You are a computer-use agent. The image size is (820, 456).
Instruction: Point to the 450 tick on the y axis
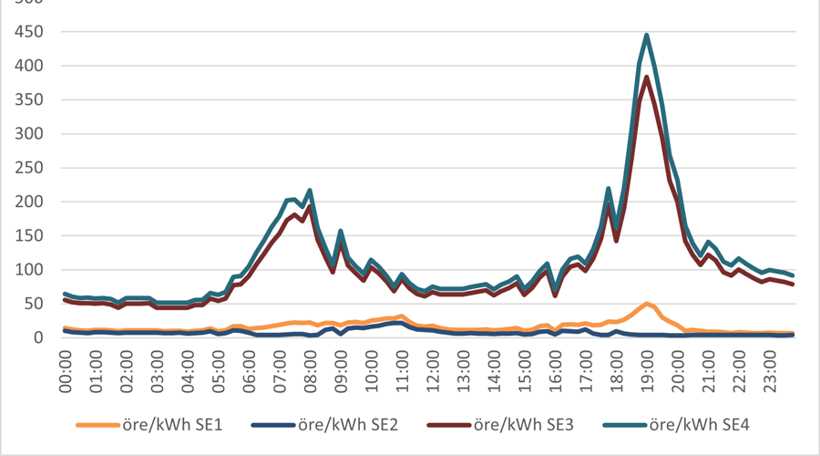click(x=30, y=32)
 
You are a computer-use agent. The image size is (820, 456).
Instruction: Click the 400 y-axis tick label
click(x=30, y=66)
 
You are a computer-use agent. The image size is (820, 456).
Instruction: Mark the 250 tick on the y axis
click(x=30, y=168)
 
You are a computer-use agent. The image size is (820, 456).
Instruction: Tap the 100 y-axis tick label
click(x=30, y=270)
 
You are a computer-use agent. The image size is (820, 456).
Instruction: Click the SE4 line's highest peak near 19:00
click(x=646, y=35)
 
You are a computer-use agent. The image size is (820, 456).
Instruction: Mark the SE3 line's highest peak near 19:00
click(x=646, y=77)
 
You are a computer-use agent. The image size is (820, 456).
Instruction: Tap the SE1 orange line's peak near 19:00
click(x=646, y=303)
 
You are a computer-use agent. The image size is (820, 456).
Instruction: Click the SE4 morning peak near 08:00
click(x=310, y=190)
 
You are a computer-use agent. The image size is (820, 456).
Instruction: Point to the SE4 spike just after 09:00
click(x=341, y=231)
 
